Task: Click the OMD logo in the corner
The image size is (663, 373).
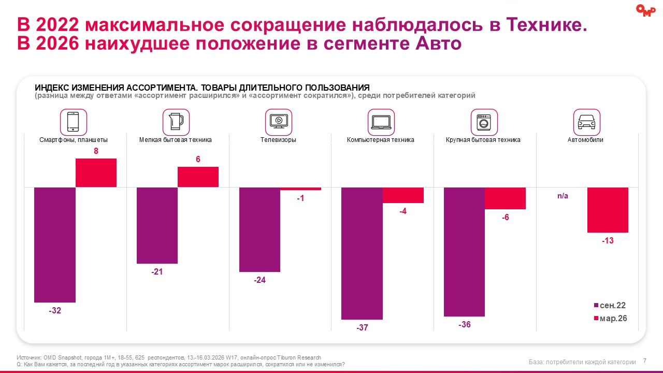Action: click(645, 10)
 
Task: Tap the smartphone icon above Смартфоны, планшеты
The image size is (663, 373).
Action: click(74, 122)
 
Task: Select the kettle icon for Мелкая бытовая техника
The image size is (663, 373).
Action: click(176, 122)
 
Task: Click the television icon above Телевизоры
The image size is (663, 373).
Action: click(278, 122)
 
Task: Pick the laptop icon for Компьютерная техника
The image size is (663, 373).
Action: click(381, 122)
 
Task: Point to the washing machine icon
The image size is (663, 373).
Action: click(483, 122)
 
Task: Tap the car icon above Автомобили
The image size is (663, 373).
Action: click(586, 122)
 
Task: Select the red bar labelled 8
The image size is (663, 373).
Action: click(96, 173)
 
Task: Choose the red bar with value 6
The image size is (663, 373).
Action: click(198, 177)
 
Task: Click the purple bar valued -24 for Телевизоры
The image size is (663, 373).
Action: click(260, 229)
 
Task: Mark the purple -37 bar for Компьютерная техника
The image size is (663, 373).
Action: click(362, 253)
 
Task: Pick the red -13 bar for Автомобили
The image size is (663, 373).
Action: click(608, 210)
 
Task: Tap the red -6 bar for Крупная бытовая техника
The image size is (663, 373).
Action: click(505, 198)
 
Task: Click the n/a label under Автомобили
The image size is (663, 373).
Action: click(563, 196)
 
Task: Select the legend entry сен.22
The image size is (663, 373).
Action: click(610, 306)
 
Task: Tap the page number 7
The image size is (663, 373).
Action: click(645, 361)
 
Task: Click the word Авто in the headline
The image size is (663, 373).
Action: click(438, 43)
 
